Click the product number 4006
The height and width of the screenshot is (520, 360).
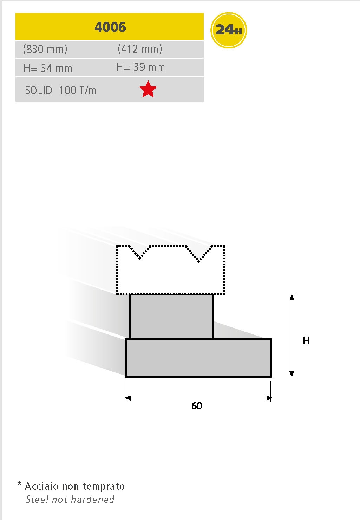click(x=110, y=27)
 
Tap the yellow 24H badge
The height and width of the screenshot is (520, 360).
click(x=229, y=30)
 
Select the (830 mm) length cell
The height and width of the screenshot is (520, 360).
click(x=45, y=49)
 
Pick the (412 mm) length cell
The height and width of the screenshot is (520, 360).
click(x=140, y=49)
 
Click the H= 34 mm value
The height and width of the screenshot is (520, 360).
click(x=48, y=69)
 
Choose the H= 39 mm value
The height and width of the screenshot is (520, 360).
click(x=140, y=67)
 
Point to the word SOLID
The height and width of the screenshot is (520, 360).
click(x=39, y=90)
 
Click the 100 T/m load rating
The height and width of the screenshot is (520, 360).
click(x=77, y=90)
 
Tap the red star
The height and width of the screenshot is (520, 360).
click(x=148, y=89)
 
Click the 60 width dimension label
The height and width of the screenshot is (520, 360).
click(x=197, y=406)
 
